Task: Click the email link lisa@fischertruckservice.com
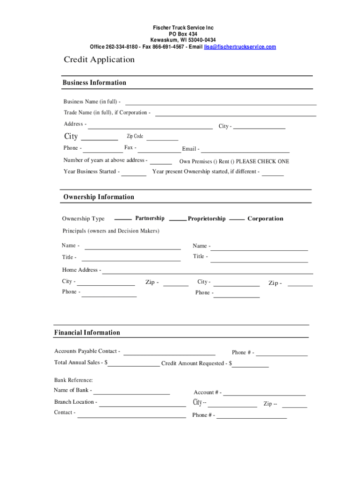240,47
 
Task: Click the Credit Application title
99,59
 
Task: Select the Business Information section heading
94,83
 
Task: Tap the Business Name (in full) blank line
221,102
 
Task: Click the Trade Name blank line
236,113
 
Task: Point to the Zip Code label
135,136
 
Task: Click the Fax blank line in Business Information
159,150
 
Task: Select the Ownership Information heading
99,197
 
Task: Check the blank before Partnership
123,218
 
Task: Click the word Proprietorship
207,218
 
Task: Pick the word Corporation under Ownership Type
265,218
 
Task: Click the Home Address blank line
208,272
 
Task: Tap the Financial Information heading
87,333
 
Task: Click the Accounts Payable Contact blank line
169,353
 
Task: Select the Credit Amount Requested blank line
251,365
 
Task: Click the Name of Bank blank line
131,392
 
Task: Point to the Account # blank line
264,394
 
